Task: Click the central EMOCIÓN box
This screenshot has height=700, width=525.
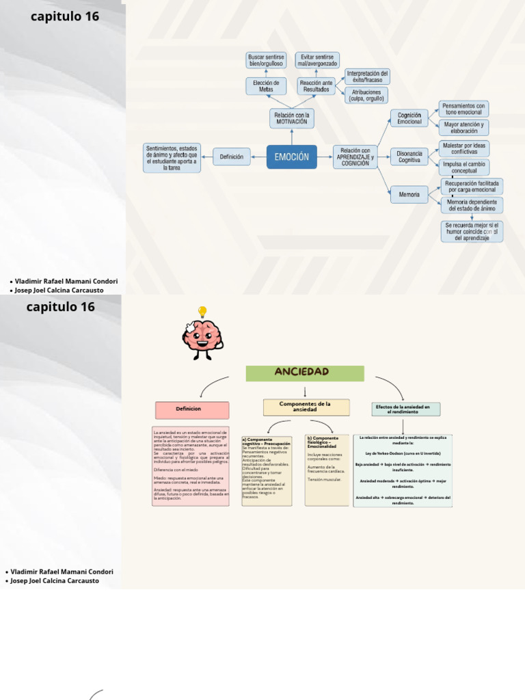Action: [x=291, y=157]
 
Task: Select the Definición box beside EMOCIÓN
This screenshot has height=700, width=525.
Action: [x=232, y=157]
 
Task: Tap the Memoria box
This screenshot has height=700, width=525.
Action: [x=409, y=195]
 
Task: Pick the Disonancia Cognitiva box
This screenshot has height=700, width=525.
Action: [x=409, y=157]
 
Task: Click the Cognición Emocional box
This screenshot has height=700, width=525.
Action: [x=409, y=118]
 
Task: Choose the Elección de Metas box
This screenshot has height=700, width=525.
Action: [x=266, y=86]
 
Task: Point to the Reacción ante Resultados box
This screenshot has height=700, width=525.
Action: [x=317, y=86]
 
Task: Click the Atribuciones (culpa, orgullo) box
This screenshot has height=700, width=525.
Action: [x=366, y=95]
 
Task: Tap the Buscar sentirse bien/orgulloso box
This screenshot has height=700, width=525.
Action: [x=266, y=60]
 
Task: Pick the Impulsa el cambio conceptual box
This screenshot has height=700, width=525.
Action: [x=464, y=167]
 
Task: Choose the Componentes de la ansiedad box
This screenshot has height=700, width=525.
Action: [x=306, y=407]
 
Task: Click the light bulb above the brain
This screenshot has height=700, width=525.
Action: [x=202, y=312]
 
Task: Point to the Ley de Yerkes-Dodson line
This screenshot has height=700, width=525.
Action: [x=403, y=453]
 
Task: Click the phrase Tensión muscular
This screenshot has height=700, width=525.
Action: [x=325, y=479]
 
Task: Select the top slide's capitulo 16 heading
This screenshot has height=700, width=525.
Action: [x=65, y=16]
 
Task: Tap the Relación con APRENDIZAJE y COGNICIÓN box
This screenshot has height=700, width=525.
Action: [x=355, y=157]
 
